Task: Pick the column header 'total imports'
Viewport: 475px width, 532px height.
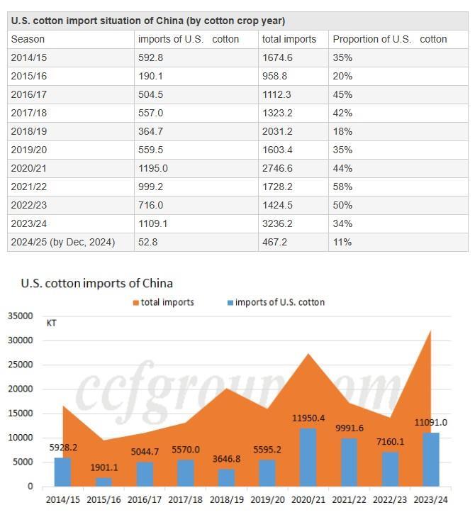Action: (x=289, y=39)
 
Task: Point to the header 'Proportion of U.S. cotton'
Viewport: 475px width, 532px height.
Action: (x=390, y=39)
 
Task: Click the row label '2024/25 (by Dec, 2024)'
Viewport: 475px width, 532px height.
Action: (x=63, y=242)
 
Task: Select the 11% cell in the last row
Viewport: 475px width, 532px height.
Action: (x=342, y=242)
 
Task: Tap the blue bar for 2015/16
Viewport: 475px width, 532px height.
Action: (x=104, y=482)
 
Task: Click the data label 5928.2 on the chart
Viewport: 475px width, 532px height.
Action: (x=63, y=448)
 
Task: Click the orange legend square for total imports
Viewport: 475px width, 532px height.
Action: (x=136, y=303)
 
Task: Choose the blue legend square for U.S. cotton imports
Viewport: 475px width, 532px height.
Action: (x=230, y=303)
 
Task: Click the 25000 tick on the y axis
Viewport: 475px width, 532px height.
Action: (x=21, y=365)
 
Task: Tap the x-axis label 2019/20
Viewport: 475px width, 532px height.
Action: (x=267, y=499)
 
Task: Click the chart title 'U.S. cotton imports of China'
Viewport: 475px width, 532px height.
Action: (x=96, y=283)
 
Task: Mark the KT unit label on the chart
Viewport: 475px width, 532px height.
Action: (x=52, y=323)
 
